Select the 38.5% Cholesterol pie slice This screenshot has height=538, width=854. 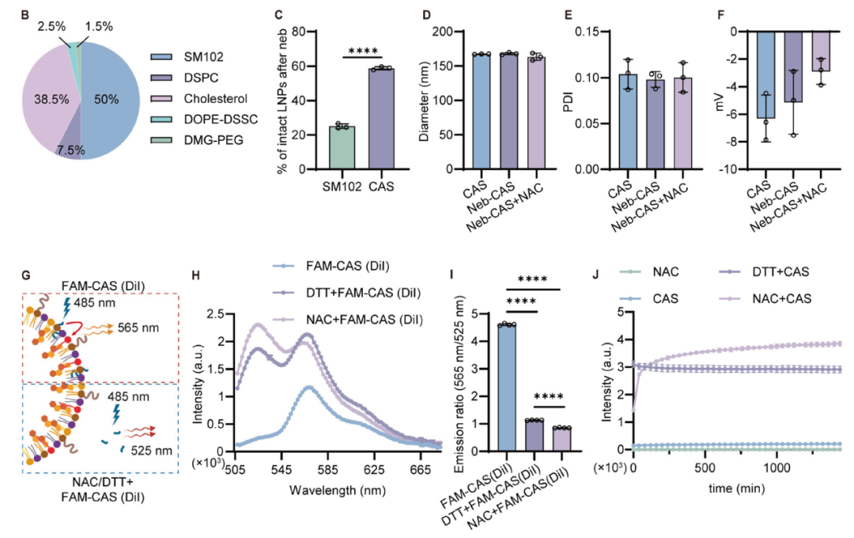(47, 98)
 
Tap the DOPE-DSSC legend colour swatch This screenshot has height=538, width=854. (161, 119)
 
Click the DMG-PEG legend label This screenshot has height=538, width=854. (213, 140)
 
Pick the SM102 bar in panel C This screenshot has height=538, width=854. (342, 148)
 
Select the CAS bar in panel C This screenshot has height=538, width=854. (381, 119)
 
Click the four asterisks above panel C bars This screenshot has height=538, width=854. (363, 51)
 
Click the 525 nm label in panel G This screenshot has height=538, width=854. (151, 450)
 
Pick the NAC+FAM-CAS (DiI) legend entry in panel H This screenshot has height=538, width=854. (347, 320)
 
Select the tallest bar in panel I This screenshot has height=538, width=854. (507, 388)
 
